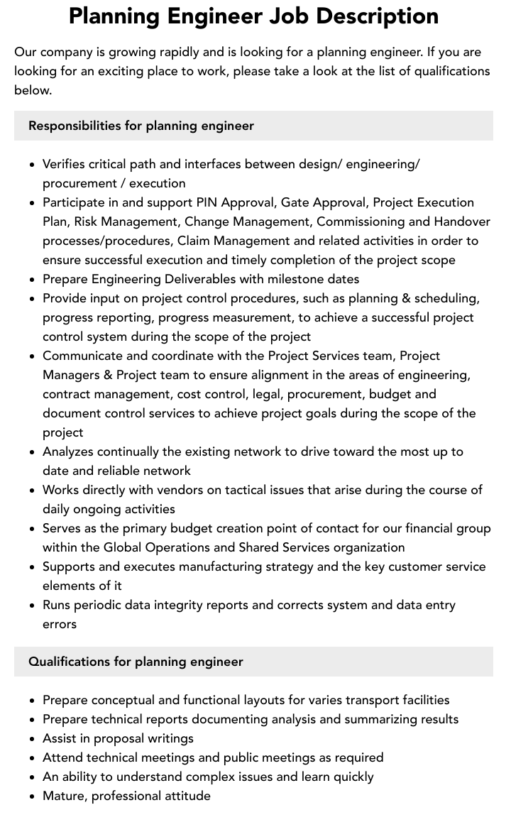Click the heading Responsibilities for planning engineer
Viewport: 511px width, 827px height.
coord(141,126)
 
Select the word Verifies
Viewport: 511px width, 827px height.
coord(66,164)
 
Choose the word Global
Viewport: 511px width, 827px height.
coord(123,547)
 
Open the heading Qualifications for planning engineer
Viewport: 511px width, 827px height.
coord(136,662)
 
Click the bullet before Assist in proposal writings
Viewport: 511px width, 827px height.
coord(32,738)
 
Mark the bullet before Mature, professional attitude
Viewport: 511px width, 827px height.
coord(32,796)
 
